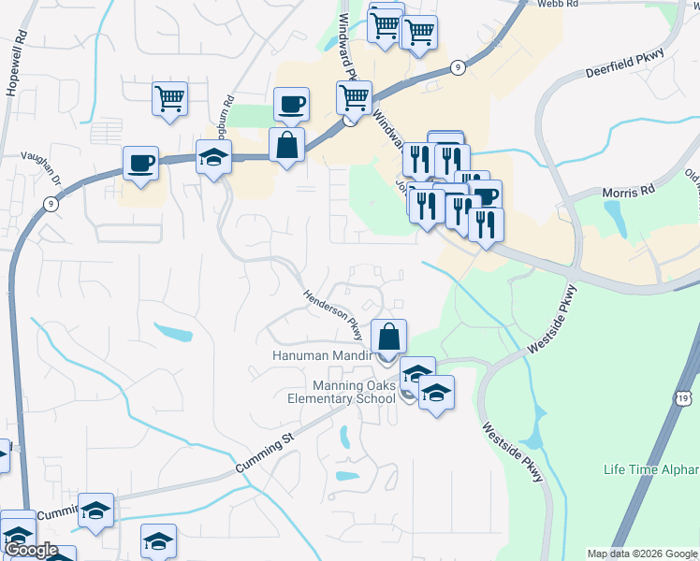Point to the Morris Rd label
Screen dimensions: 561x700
(x=630, y=192)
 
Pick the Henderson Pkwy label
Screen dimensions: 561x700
(x=331, y=313)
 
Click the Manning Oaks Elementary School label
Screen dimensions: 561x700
(x=341, y=392)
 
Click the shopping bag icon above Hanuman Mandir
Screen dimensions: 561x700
(x=388, y=335)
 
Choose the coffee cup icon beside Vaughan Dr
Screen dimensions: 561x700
(x=141, y=163)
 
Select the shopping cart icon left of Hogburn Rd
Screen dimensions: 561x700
(x=169, y=97)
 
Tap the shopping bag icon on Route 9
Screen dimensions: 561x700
(x=286, y=144)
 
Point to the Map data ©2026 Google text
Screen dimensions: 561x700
(x=643, y=554)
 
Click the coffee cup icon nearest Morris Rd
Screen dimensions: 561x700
(x=485, y=195)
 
